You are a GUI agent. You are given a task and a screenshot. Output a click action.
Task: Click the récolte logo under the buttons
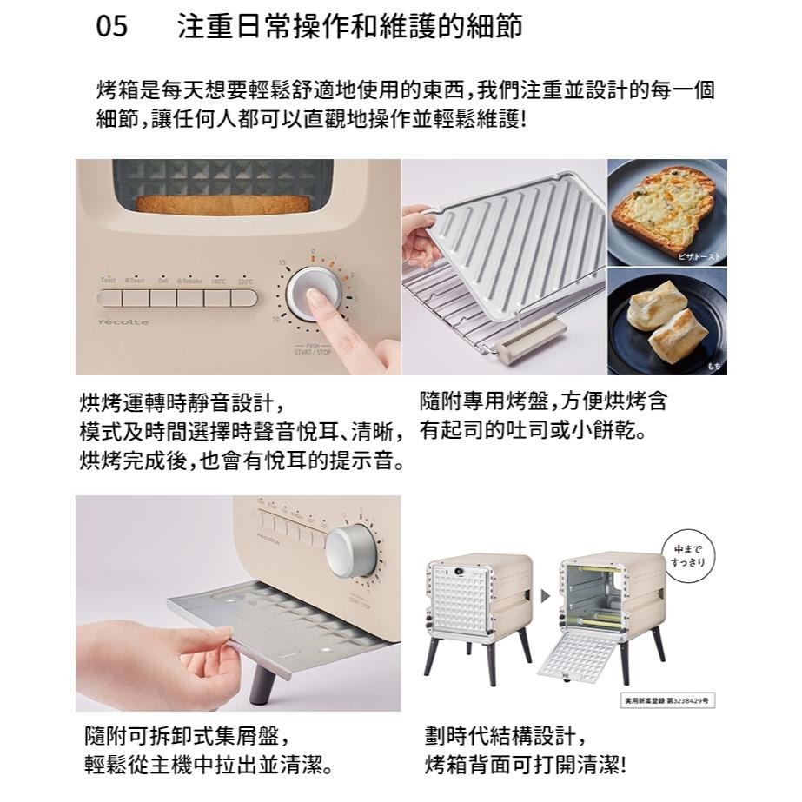[123, 322]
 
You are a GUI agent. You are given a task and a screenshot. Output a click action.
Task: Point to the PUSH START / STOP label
[312, 349]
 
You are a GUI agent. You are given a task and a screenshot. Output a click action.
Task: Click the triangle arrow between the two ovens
[546, 597]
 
